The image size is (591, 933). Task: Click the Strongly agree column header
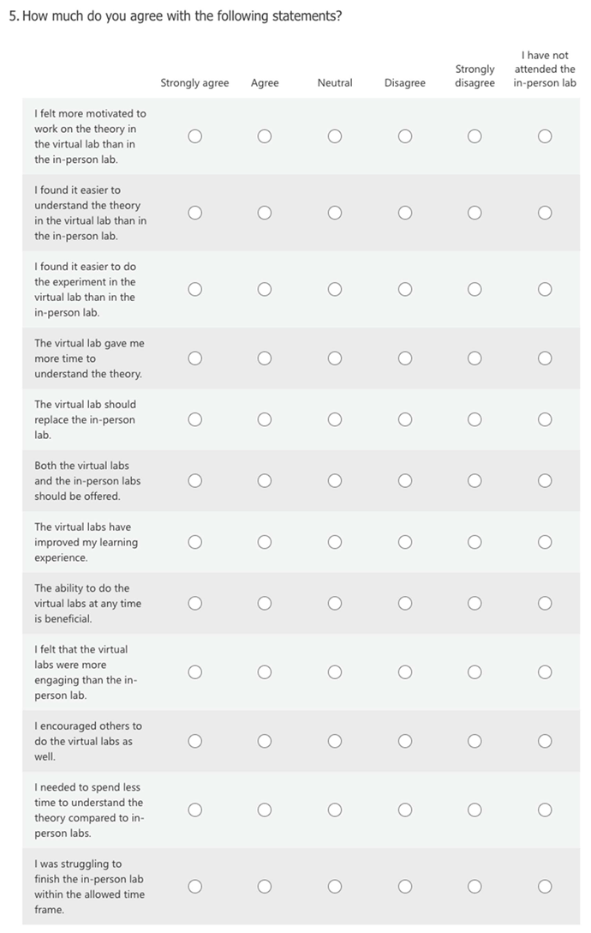[x=194, y=83]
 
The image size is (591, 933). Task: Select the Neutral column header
[x=335, y=83]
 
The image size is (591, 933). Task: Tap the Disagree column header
[x=405, y=83]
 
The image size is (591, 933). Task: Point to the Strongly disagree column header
[x=475, y=75]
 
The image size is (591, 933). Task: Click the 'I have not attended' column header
[x=545, y=69]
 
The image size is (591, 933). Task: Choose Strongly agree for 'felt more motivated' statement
[x=195, y=136]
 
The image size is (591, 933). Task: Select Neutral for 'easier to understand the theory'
[x=335, y=213]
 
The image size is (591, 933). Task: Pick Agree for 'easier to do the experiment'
[x=265, y=290]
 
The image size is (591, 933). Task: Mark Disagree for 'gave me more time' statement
[x=405, y=358]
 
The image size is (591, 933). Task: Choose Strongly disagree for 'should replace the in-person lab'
[x=475, y=419]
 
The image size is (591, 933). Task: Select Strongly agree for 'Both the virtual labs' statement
[x=195, y=481]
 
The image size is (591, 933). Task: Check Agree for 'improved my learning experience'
[x=265, y=542]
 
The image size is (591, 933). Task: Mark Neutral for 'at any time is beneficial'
[x=335, y=604]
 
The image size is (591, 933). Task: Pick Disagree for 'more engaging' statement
[x=405, y=672]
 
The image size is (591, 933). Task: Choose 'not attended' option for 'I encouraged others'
[x=545, y=741]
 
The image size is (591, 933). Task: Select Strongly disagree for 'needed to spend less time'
[x=475, y=810]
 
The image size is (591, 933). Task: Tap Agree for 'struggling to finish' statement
[x=265, y=887]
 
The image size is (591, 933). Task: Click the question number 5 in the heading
[x=13, y=16]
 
